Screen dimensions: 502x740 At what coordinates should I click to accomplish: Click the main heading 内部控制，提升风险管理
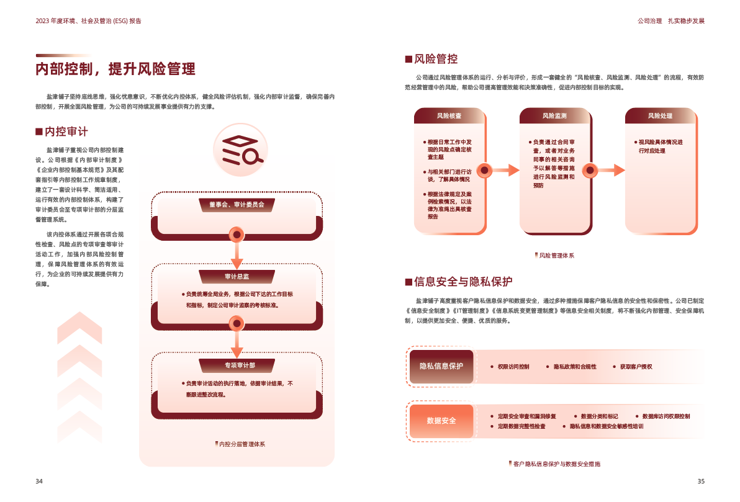pyautogui.click(x=115, y=69)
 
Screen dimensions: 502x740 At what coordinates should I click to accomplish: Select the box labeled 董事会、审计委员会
pyautogui.click(x=236, y=204)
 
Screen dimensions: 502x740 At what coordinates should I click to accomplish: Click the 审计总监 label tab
pyautogui.click(x=237, y=277)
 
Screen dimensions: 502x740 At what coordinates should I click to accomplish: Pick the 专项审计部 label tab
pyautogui.click(x=237, y=365)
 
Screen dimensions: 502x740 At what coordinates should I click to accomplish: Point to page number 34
pyautogui.click(x=38, y=482)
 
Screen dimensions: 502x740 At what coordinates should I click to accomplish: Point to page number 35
pyautogui.click(x=701, y=482)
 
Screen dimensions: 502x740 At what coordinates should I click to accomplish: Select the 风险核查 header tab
pyautogui.click(x=449, y=116)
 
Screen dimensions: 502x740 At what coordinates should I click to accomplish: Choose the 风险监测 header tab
pyautogui.click(x=554, y=116)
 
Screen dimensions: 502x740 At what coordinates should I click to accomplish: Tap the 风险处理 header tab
pyautogui.click(x=660, y=116)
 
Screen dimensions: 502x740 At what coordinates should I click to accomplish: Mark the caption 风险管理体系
pyautogui.click(x=556, y=255)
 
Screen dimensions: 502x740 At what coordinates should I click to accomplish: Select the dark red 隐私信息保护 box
pyautogui.click(x=441, y=366)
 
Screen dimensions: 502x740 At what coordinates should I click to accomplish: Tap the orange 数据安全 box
pyautogui.click(x=441, y=421)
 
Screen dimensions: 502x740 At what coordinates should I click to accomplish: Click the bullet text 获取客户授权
pyautogui.click(x=636, y=367)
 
